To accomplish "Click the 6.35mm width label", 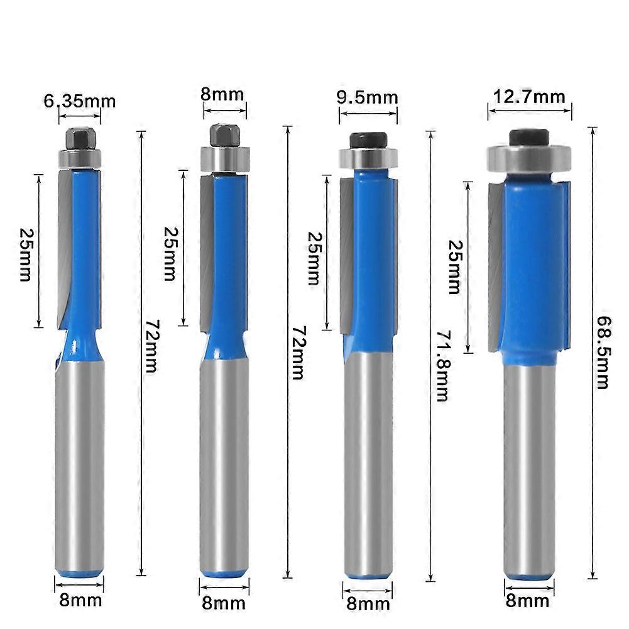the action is (79, 101).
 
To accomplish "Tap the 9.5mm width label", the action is (367, 97).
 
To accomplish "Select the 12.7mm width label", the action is (528, 97).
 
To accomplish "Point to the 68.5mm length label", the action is (603, 353).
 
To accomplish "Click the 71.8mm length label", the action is (444, 366).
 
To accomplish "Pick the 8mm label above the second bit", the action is (222, 95).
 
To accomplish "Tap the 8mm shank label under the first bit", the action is (80, 600).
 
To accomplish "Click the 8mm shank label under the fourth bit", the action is (527, 601).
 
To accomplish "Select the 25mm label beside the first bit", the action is (26, 254).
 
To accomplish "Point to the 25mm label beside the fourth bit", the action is (456, 267).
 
